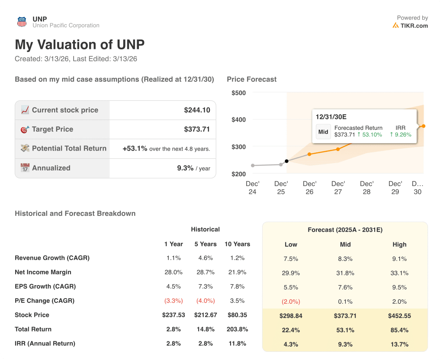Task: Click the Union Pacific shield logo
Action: point(22,22)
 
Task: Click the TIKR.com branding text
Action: point(414,26)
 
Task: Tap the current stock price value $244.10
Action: point(197,110)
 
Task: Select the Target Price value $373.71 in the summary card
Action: point(197,129)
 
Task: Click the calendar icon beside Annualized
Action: point(25,168)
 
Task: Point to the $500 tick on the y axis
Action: point(238,93)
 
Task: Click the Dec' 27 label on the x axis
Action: point(338,187)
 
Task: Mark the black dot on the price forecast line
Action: point(286,161)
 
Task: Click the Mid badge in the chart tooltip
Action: point(323,132)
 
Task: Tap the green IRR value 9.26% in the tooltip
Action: point(401,135)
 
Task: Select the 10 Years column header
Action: point(237,244)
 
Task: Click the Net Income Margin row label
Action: point(43,272)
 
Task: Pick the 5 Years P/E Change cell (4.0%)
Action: point(205,301)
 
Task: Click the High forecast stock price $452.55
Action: point(399,316)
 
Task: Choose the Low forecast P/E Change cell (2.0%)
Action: point(291,302)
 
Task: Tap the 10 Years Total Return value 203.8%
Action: point(237,329)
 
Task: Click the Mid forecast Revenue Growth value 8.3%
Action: point(345,259)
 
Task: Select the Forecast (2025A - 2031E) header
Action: point(345,230)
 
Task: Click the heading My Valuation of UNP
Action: point(80,45)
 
